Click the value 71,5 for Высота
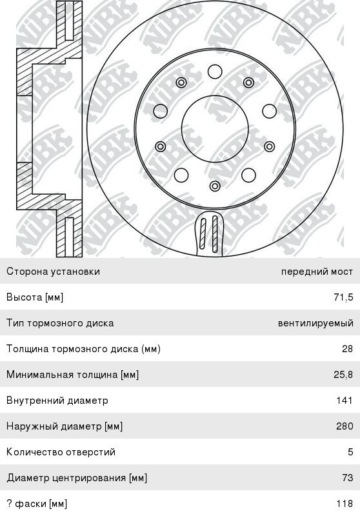[343, 297]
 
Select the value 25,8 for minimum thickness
[343, 375]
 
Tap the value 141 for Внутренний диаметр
[345, 400]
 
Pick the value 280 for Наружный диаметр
[345, 426]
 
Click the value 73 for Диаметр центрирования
[348, 477]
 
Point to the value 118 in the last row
[345, 504]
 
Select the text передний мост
[317, 272]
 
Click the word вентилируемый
[315, 323]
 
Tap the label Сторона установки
[53, 272]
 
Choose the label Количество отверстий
[61, 452]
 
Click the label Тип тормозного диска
[60, 323]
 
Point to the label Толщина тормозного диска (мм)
[83, 349]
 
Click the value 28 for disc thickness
[348, 349]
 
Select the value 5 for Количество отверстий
[350, 452]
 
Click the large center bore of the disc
[215, 129]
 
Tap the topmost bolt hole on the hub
[215, 72]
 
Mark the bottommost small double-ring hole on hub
[215, 186]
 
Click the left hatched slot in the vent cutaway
[203, 233]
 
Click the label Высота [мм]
[35, 297]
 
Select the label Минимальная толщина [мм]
[72, 375]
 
